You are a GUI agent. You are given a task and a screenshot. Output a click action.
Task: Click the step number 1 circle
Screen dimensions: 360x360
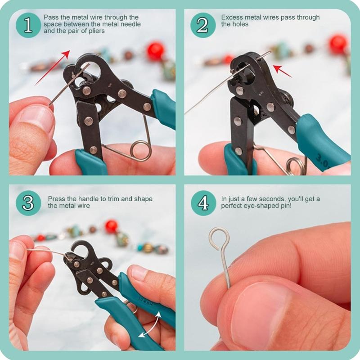pos(28,25)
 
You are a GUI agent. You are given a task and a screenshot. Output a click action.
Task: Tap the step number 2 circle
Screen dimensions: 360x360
pos(203,25)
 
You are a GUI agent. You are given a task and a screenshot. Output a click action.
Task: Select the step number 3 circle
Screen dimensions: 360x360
pos(28,203)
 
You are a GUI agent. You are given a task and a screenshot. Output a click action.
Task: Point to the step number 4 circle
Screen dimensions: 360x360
pos(203,203)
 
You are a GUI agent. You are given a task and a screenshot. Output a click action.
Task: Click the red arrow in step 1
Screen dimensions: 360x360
pos(53,67)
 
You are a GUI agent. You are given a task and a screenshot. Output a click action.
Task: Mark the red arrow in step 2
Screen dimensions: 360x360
pos(282,71)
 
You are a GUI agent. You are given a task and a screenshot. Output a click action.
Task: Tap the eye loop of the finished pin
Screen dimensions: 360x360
pos(220,238)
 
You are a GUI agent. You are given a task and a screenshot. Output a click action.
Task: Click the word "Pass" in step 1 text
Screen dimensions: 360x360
pos(51,18)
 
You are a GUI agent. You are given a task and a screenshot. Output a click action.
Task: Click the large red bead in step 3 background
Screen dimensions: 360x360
pos(111,226)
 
